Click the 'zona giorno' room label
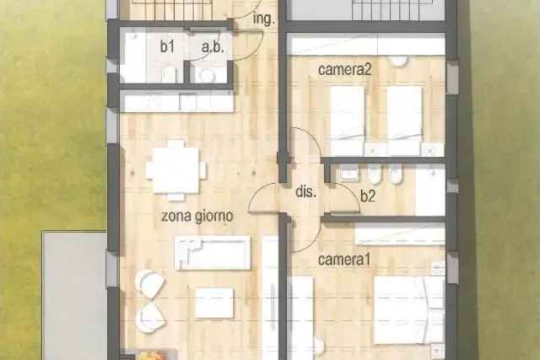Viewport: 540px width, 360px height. pyautogui.click(x=197, y=217)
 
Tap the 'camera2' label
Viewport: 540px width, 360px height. pyautogui.click(x=345, y=70)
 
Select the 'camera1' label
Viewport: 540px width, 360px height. pyautogui.click(x=344, y=260)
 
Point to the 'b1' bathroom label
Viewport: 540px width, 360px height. pyautogui.click(x=167, y=47)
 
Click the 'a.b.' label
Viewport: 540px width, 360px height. pyautogui.click(x=213, y=47)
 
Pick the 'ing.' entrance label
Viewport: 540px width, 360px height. pyautogui.click(x=264, y=19)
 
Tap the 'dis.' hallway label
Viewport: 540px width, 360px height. pyautogui.click(x=305, y=191)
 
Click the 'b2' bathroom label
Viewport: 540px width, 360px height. pyautogui.click(x=368, y=196)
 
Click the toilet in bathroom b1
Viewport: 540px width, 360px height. pyautogui.click(x=169, y=73)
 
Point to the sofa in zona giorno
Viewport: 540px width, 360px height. pyautogui.click(x=213, y=252)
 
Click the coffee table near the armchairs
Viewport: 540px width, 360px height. pyautogui.click(x=214, y=303)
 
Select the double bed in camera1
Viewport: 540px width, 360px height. pyautogui.click(x=409, y=309)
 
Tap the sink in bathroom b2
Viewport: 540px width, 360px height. pyautogui.click(x=348, y=174)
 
